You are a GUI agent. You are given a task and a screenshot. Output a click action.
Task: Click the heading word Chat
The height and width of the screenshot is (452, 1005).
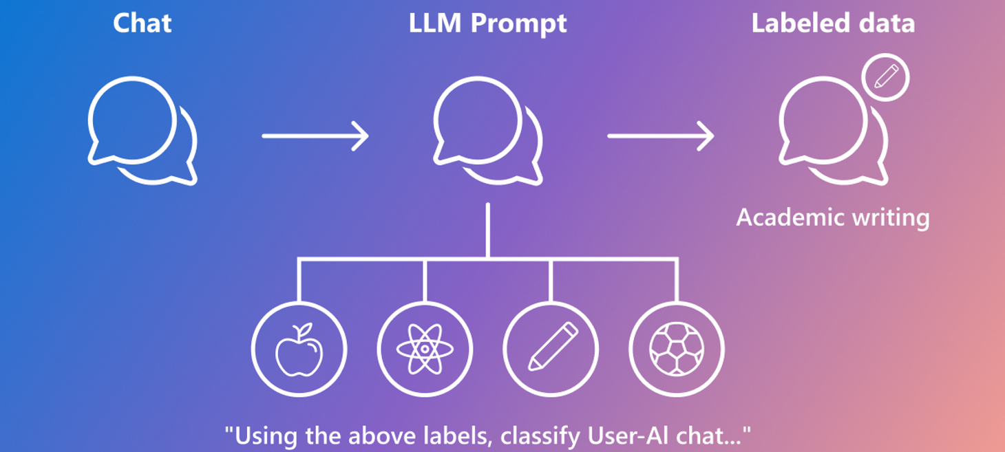(142, 23)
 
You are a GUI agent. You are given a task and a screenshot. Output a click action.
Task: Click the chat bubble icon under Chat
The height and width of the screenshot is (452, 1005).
(142, 131)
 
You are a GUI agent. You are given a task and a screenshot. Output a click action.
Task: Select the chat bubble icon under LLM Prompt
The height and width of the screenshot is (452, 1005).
(487, 131)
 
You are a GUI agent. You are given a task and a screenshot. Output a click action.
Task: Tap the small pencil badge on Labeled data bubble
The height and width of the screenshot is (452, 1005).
(886, 77)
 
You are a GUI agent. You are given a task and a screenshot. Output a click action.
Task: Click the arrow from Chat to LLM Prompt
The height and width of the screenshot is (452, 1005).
(315, 136)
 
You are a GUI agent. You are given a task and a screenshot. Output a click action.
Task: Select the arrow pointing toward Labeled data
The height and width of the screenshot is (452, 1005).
(661, 136)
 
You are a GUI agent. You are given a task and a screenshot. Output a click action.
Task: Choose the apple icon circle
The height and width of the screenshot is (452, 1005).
(299, 349)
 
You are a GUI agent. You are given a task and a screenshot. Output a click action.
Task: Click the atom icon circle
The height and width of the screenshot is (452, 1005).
(425, 349)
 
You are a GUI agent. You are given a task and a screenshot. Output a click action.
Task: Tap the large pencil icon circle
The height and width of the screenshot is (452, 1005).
(551, 349)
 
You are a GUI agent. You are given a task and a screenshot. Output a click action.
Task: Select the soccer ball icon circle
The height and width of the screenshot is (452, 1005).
(677, 349)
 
